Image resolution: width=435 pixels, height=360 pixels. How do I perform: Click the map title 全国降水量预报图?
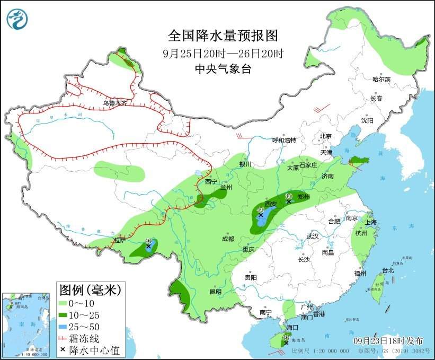coord(223,37)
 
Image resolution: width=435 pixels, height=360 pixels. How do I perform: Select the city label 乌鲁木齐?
coord(115,103)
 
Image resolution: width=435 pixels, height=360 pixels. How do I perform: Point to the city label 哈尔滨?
coord(381,80)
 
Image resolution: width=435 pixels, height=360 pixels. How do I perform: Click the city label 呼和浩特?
coord(284,140)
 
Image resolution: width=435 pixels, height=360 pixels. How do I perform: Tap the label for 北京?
coord(325,136)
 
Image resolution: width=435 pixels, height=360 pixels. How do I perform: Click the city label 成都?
coord(228,239)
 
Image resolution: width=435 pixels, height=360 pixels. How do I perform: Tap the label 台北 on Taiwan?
coord(388,270)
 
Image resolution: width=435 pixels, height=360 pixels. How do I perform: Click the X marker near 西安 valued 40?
coord(260,215)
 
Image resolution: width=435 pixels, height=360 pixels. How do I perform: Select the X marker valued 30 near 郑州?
coord(289,201)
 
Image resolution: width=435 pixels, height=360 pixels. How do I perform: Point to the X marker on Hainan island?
coord(286,343)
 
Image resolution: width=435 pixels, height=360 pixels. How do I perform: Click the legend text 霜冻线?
coord(87,338)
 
